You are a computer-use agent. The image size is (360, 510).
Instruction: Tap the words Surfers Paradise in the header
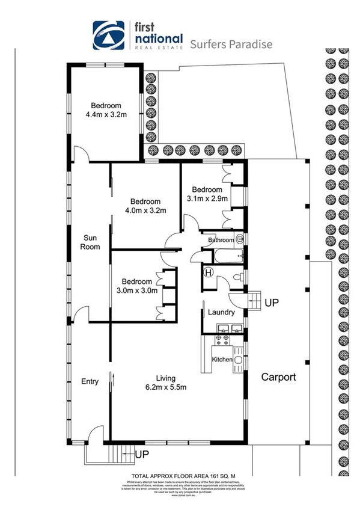pos(231,44)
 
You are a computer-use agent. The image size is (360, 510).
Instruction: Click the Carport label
pos(278,378)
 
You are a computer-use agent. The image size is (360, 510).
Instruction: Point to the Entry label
pos(90,382)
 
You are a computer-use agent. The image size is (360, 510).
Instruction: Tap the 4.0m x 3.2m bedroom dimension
pos(145,210)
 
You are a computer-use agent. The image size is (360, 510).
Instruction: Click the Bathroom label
pos(219,240)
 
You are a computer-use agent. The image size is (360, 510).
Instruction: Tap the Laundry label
pos(221,313)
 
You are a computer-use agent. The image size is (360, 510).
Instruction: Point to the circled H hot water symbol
pos(209,272)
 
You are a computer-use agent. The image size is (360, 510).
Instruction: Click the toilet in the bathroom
pos(240,239)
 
